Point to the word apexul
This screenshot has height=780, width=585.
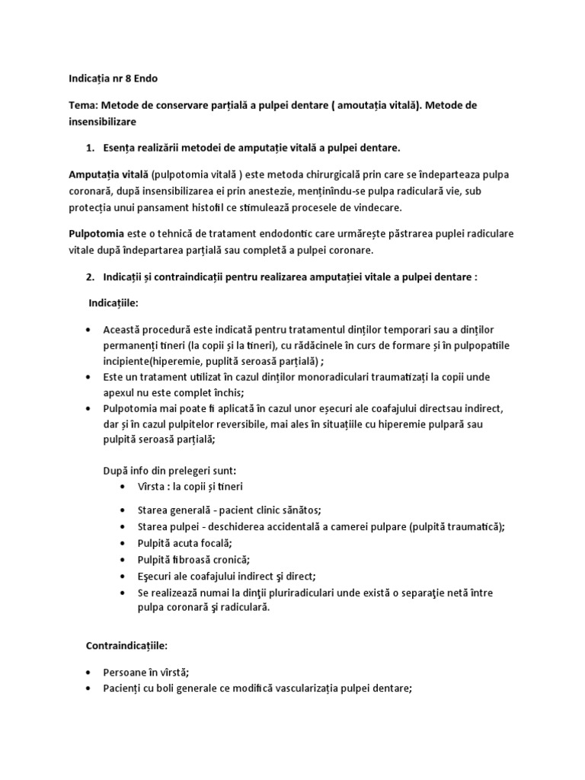(120, 393)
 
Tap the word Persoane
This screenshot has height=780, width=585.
(126, 673)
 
